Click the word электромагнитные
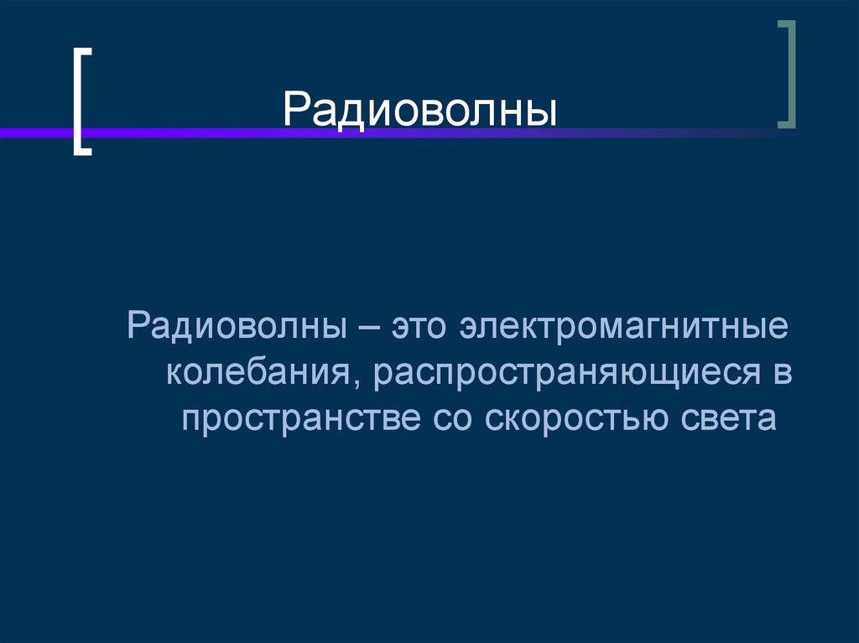click(623, 326)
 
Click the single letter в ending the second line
click(782, 372)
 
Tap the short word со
click(454, 417)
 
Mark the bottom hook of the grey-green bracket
click(784, 125)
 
